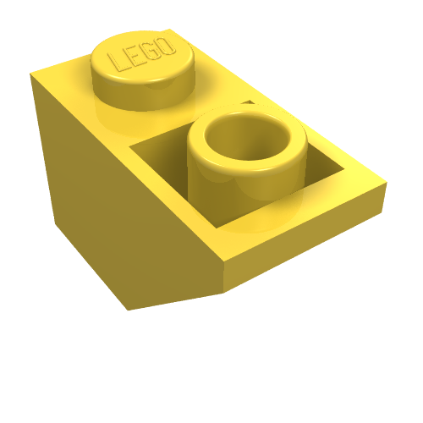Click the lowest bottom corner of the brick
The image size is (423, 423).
pyautogui.click(x=129, y=310)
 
